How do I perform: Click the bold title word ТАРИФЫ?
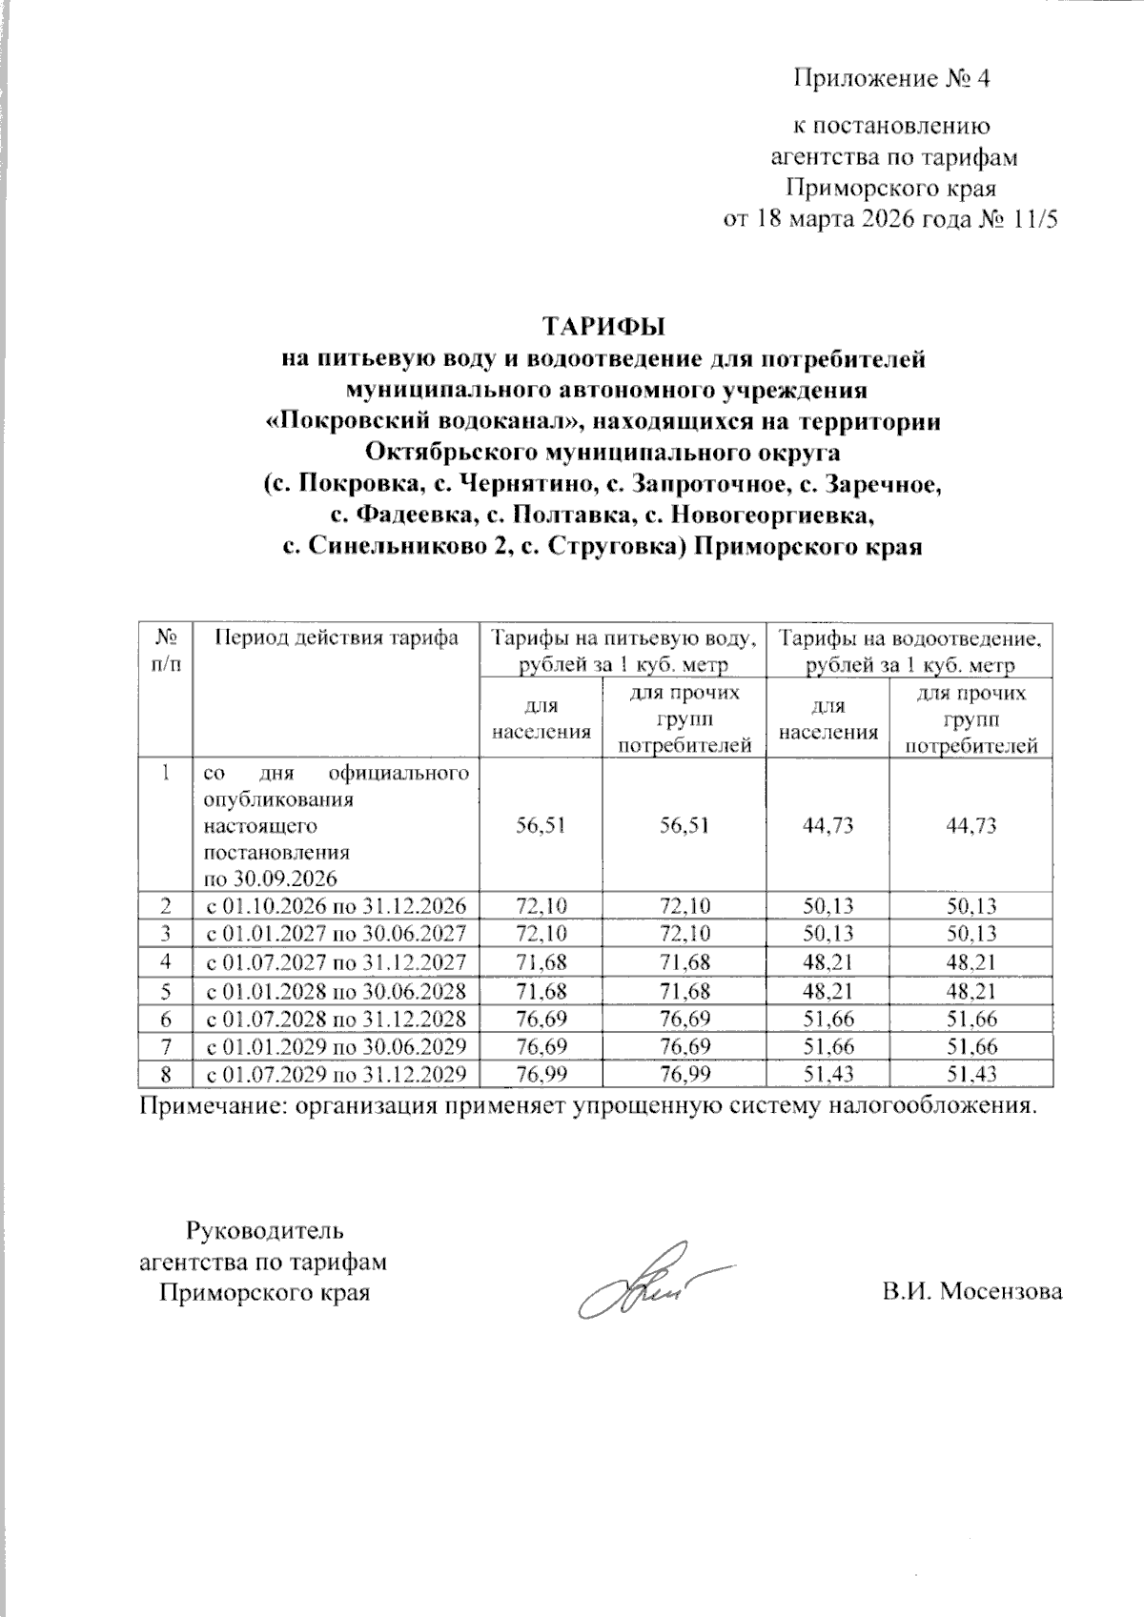pyautogui.click(x=603, y=326)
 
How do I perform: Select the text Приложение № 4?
pyautogui.click(x=892, y=79)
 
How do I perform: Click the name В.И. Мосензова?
pyautogui.click(x=972, y=1292)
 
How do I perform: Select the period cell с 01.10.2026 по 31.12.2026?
pyautogui.click(x=337, y=905)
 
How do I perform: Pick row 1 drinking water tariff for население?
pyautogui.click(x=541, y=825)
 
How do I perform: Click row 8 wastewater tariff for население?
pyautogui.click(x=827, y=1074)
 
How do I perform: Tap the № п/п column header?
pyautogui.click(x=166, y=649)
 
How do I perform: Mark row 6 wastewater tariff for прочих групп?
pyautogui.click(x=970, y=1019)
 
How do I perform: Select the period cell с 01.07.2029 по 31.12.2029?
pyautogui.click(x=337, y=1074)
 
